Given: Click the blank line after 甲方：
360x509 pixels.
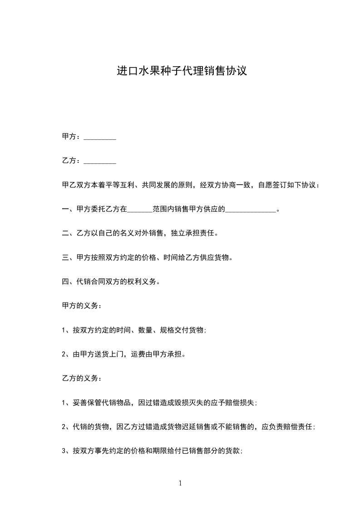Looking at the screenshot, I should pos(100,137).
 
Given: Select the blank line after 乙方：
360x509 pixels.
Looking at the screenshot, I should pos(100,161).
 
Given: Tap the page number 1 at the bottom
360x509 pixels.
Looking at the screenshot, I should pos(180,483).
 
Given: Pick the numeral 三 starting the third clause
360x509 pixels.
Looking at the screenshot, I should pos(64,258).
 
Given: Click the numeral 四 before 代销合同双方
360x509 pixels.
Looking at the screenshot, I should pos(64,282).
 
